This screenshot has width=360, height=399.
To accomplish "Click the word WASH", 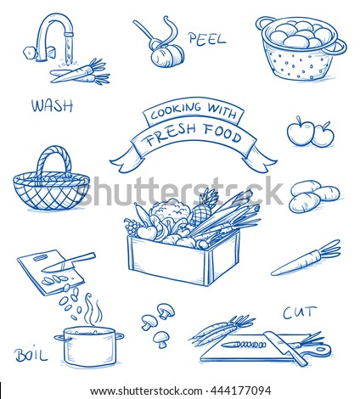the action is (52, 106).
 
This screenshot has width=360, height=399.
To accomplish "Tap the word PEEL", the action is (207, 38).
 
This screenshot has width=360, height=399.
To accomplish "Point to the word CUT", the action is (299, 312).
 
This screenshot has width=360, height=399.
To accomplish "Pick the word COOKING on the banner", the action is (177, 110).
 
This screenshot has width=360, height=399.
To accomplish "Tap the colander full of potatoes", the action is (301, 48).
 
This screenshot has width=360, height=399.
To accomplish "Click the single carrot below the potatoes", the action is (307, 258).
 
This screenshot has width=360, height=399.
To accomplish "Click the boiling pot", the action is (89, 347).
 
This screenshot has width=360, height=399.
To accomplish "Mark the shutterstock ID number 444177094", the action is (240, 391).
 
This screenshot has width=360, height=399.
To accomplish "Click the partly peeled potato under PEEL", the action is (167, 57).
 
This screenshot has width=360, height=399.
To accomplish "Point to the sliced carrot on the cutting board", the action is (244, 345).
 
